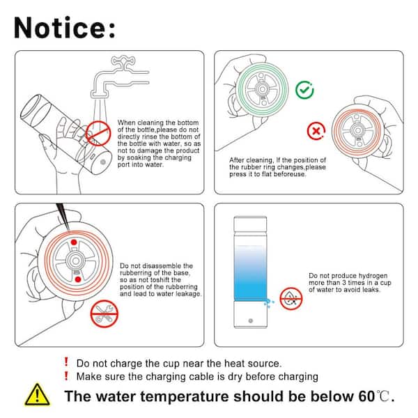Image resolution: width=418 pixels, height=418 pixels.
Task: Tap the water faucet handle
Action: pos(123,62)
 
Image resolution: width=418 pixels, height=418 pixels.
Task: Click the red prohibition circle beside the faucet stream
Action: pos(98,133)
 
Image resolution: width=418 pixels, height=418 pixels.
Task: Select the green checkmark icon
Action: pos(304,90)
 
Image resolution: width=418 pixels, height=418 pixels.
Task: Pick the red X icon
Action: pos(316,131)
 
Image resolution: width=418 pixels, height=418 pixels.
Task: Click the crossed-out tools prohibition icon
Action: pos(104,313)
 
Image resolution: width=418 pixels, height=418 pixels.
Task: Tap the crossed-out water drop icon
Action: pos(291,299)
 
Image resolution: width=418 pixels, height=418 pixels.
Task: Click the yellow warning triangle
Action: pos(37,395)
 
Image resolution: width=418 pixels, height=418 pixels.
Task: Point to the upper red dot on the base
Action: pos(74,242)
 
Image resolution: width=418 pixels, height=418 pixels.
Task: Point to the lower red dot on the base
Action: pos(78,279)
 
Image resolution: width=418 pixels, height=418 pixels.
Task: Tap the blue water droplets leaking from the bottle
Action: pos(269,303)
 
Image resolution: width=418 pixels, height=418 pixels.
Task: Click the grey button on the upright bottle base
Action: pos(251,320)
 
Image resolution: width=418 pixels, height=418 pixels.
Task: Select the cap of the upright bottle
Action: pos(250,224)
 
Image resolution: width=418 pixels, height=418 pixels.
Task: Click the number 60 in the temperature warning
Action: pos(366,396)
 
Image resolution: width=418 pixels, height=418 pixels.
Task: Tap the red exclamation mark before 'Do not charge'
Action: pos(66,362)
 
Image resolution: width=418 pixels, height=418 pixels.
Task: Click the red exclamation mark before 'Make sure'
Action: pos(66,376)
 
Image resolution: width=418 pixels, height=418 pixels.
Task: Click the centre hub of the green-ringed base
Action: pos(262,89)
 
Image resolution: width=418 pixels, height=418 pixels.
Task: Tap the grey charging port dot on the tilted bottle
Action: pos(103,162)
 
